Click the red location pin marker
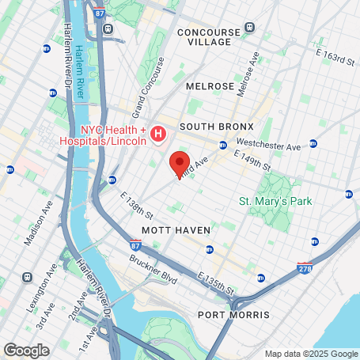click(x=180, y=164)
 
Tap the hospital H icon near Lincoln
click(x=157, y=135)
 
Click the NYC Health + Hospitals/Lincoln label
click(x=113, y=135)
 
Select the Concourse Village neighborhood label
click(x=210, y=37)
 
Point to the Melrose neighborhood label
click(x=210, y=85)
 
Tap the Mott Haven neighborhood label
click(x=176, y=230)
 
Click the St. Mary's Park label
click(x=276, y=201)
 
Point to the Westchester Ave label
click(x=269, y=146)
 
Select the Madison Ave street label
click(x=38, y=222)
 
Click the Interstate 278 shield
click(x=305, y=268)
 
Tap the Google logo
click(x=26, y=350)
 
